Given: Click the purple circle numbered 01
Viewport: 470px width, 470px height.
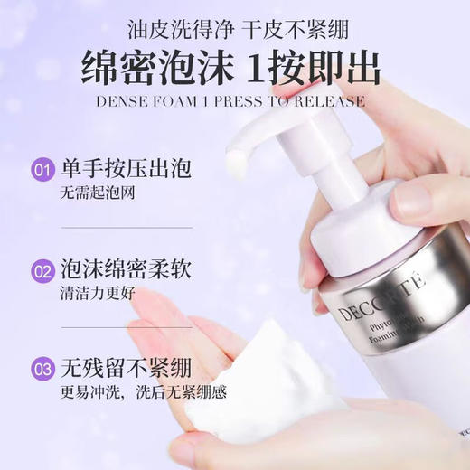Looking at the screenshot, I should click(42, 169).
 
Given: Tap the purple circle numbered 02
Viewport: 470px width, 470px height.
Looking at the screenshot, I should click(42, 269).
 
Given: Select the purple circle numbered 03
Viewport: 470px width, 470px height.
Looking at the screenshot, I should click(42, 369).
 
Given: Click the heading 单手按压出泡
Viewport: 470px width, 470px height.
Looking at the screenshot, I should click(114, 169).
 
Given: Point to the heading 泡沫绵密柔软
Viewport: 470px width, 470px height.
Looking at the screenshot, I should click(114, 269).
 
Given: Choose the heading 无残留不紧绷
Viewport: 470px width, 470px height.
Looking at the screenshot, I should click(114, 369).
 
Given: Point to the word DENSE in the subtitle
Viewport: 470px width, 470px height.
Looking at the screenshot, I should click(123, 100).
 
